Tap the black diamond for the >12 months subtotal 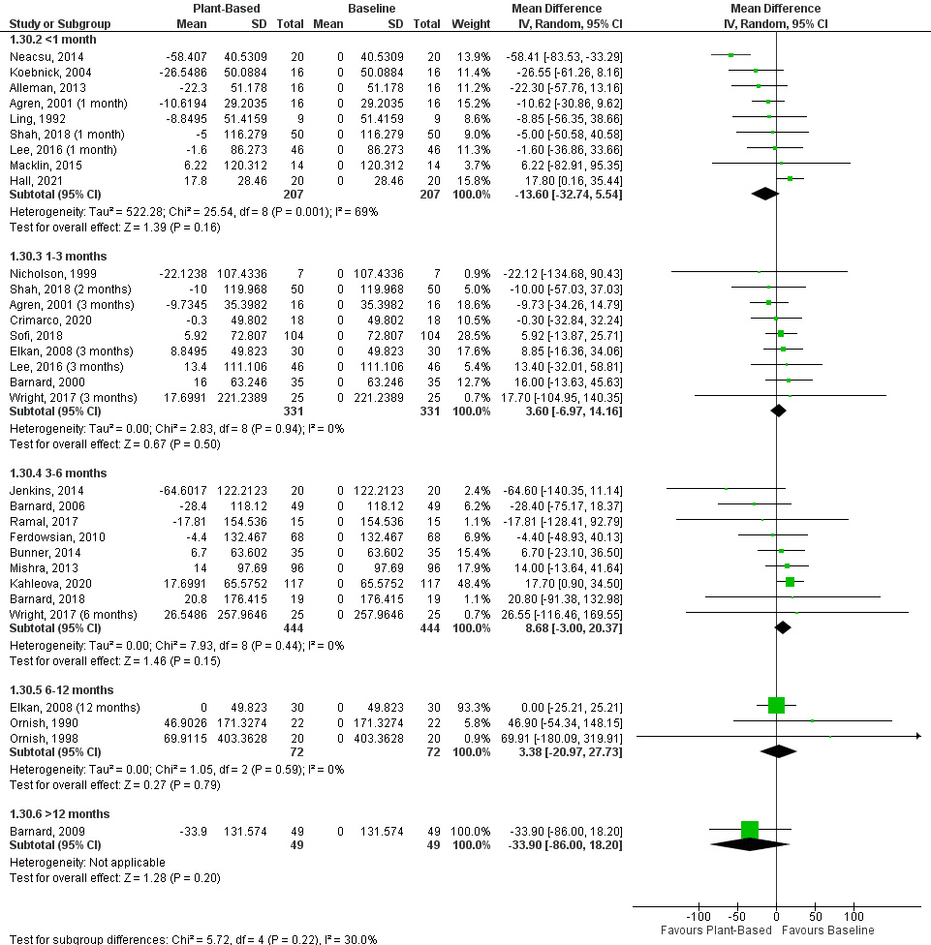coord(749,845)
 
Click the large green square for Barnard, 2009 coord(750,830)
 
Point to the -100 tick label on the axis coord(698,916)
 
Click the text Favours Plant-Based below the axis coord(717,930)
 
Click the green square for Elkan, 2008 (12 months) coord(776,705)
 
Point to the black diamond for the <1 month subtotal coord(765,194)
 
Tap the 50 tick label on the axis coord(816,916)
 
